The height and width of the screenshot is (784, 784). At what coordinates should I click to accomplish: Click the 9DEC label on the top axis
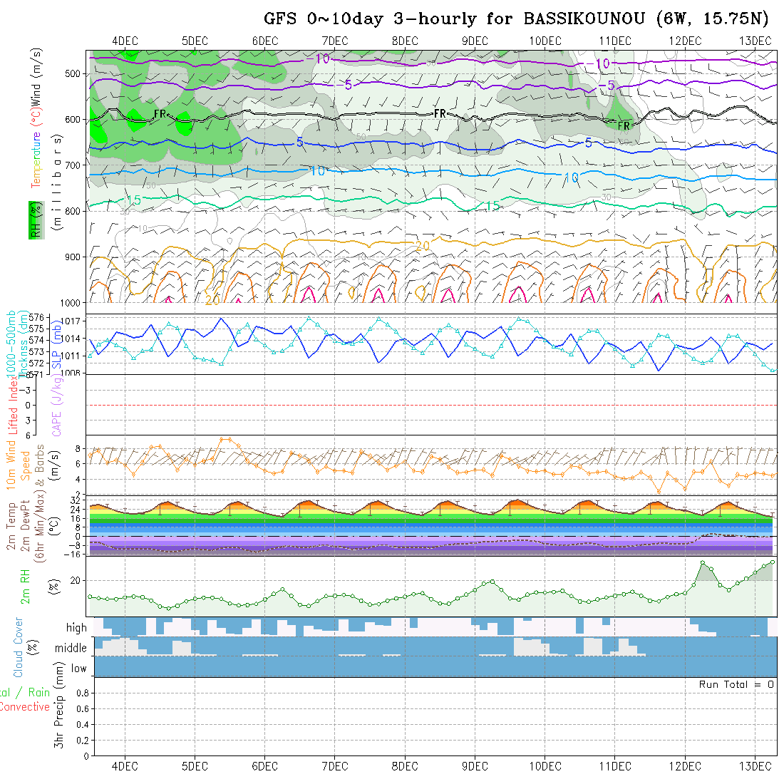click(x=474, y=41)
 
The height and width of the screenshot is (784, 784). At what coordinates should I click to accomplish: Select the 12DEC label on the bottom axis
click(x=685, y=766)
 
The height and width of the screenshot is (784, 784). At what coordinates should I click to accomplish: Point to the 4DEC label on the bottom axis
click(x=125, y=766)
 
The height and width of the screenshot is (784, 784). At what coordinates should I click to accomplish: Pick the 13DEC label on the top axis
click(x=755, y=41)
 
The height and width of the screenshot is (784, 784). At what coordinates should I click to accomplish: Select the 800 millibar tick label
click(x=76, y=211)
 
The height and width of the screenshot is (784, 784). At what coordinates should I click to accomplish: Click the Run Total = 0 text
click(x=736, y=684)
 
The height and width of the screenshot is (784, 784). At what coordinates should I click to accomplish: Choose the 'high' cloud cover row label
click(x=76, y=628)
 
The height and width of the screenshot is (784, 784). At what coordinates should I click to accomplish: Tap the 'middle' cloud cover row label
click(x=71, y=649)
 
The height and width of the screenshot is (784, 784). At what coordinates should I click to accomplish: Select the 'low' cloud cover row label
click(x=78, y=669)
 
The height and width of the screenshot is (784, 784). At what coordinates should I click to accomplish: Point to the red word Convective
click(x=25, y=707)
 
